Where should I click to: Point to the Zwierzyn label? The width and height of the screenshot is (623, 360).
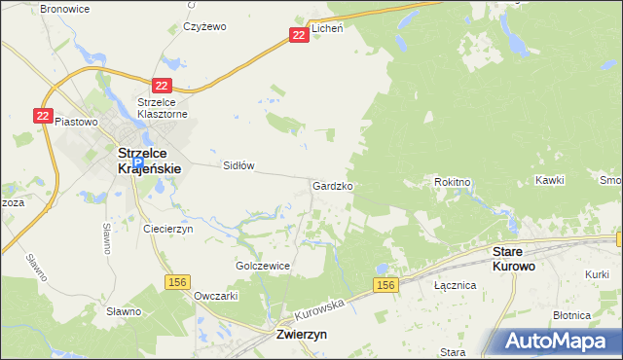pyautogui.click(x=295, y=333)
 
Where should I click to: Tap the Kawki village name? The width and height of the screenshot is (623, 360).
pyautogui.click(x=550, y=181)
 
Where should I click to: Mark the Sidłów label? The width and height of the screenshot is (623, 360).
pyautogui.click(x=238, y=165)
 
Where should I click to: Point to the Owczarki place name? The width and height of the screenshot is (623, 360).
pyautogui.click(x=217, y=295)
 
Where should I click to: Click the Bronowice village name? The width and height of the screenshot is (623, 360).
pyautogui.click(x=63, y=8)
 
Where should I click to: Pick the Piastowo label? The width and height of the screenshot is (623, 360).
pyautogui.click(x=77, y=122)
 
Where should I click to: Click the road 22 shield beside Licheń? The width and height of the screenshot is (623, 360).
pyautogui.click(x=300, y=35)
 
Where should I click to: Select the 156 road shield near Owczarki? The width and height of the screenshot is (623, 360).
pyautogui.click(x=177, y=281)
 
